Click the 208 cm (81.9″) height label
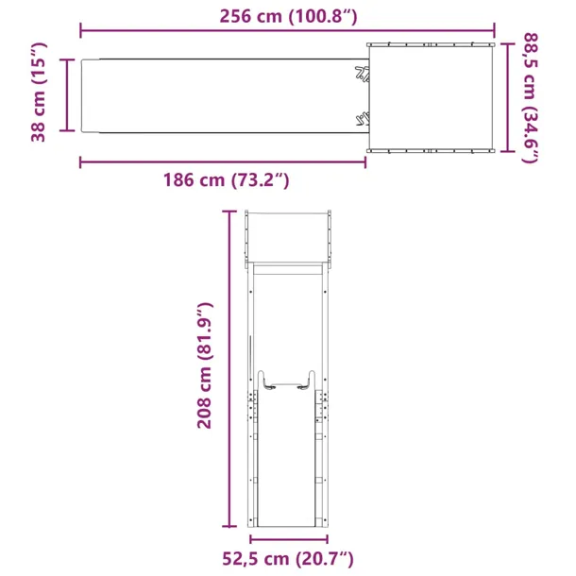[x=205, y=365]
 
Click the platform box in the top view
[x=430, y=97]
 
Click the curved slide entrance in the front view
[x=287, y=381]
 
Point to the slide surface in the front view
[x=287, y=463]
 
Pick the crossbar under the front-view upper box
[x=288, y=269]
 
